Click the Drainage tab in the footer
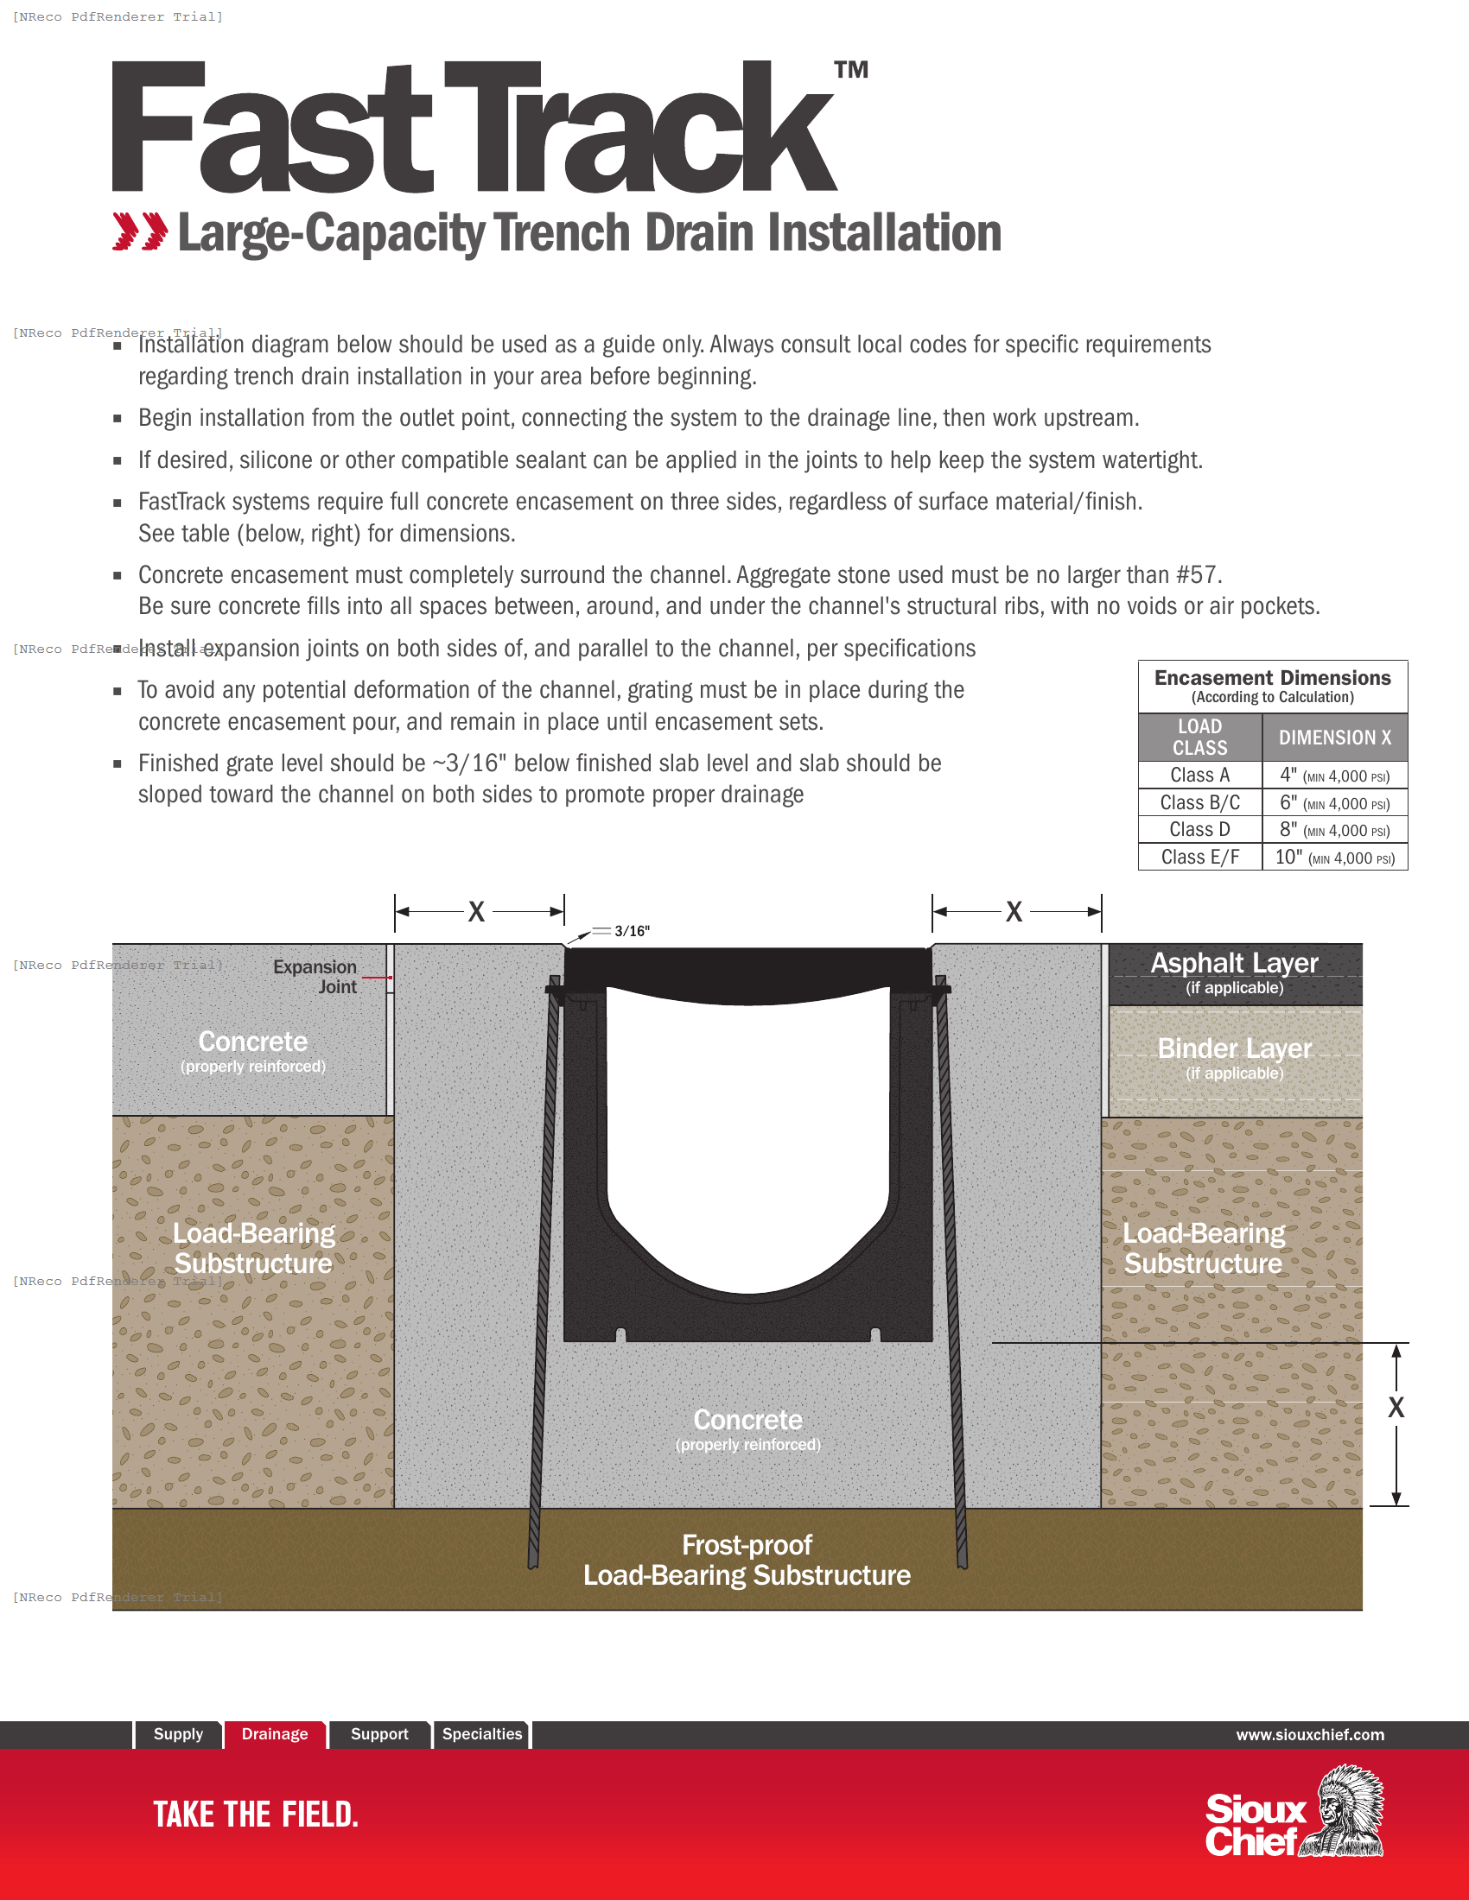pyautogui.click(x=274, y=1734)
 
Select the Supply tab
pyautogui.click(x=177, y=1734)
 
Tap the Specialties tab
pyautogui.click(x=482, y=1734)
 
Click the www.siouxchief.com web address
pyautogui.click(x=1310, y=1735)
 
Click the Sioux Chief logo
pyautogui.click(x=1294, y=1813)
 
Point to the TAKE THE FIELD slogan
pyautogui.click(x=256, y=1814)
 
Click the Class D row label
pyautogui.click(x=1199, y=830)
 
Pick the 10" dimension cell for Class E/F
pyautogui.click(x=1334, y=858)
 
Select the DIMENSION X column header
pyautogui.click(x=1334, y=738)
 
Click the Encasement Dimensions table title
pyautogui.click(x=1272, y=679)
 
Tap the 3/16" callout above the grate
pyautogui.click(x=632, y=932)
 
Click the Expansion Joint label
pyautogui.click(x=315, y=977)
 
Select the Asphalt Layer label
pyautogui.click(x=1234, y=964)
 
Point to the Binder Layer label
pyautogui.click(x=1234, y=1049)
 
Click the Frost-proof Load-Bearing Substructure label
pyautogui.click(x=747, y=1560)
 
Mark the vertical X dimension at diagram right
pyautogui.click(x=1396, y=1408)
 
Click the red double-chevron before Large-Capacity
pyautogui.click(x=140, y=231)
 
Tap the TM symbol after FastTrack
pyautogui.click(x=851, y=71)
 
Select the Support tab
pyautogui.click(x=379, y=1734)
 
